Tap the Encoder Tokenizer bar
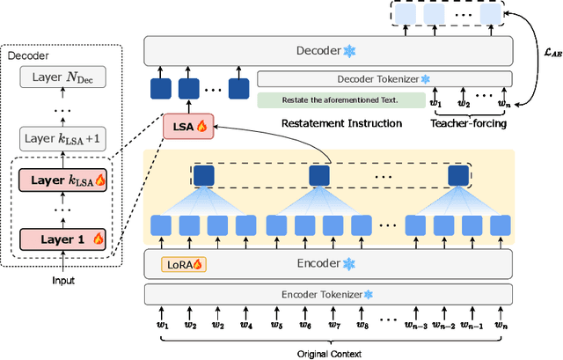coord(327,294)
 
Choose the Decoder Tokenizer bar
coord(384,79)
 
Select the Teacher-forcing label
coord(467,123)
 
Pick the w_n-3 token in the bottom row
coord(418,326)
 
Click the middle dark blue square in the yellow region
coord(319,176)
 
